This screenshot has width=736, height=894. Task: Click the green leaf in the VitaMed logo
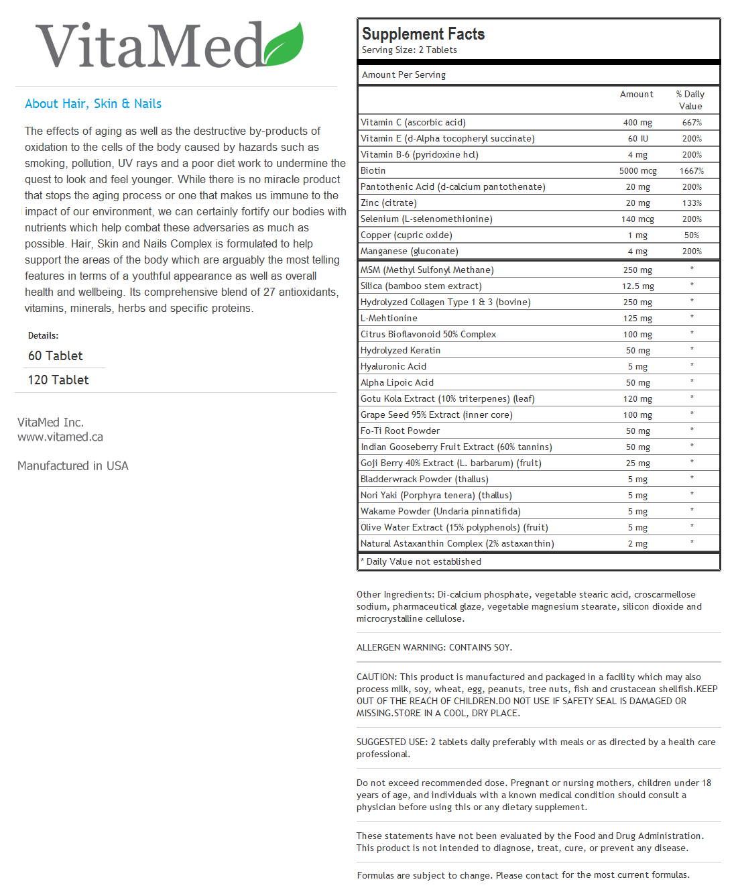pyautogui.click(x=284, y=44)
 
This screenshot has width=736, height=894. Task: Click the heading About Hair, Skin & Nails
pyautogui.click(x=93, y=104)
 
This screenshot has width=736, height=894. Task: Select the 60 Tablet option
pyautogui.click(x=56, y=356)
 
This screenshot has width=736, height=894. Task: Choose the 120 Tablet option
pyautogui.click(x=58, y=380)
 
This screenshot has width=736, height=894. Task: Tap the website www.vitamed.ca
pyautogui.click(x=60, y=437)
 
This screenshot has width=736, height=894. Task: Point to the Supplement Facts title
pyautogui.click(x=423, y=34)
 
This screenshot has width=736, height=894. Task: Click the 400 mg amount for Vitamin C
pyautogui.click(x=637, y=123)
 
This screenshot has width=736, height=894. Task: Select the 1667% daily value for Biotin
pyautogui.click(x=692, y=171)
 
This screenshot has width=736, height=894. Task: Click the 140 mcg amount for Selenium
pyautogui.click(x=637, y=219)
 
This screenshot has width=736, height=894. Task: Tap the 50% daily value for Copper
pyautogui.click(x=692, y=235)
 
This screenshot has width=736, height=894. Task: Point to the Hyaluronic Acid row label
pyautogui.click(x=393, y=367)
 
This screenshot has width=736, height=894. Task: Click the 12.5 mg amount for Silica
pyautogui.click(x=637, y=286)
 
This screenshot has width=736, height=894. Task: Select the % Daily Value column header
pyautogui.click(x=690, y=100)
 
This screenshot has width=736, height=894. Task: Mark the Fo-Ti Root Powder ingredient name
pyautogui.click(x=400, y=431)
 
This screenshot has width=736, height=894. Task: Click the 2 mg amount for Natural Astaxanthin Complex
pyautogui.click(x=637, y=544)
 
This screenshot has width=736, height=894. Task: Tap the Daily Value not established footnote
pyautogui.click(x=422, y=562)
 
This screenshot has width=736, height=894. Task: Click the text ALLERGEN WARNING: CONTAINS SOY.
pyautogui.click(x=434, y=648)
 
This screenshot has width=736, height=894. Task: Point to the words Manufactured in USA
pyautogui.click(x=73, y=466)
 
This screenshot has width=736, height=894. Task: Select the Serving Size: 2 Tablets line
pyautogui.click(x=410, y=50)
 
